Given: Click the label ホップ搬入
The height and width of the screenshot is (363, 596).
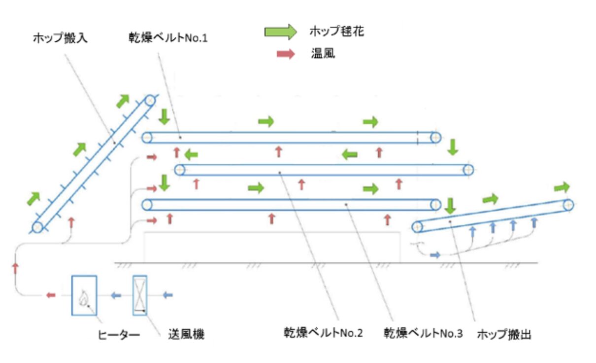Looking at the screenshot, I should click(60, 38).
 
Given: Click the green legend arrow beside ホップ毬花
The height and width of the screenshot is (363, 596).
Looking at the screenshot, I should click(280, 33).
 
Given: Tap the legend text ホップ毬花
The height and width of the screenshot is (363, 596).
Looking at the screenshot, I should click(337, 32).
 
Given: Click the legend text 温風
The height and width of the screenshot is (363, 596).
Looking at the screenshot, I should click(323, 53).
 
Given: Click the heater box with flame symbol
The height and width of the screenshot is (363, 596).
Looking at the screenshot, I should click(84, 295).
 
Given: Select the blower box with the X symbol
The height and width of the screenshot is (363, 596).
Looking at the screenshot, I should click(140, 295).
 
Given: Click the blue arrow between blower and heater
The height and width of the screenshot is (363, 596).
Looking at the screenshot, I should click(115, 295).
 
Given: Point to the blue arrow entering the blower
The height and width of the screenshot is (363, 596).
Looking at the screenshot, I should click(168, 295).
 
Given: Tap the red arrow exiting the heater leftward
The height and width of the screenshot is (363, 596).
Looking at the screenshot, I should click(50, 295).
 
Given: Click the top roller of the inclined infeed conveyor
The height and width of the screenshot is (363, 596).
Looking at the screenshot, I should click(150, 101).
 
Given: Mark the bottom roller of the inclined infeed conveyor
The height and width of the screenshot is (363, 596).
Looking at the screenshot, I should click(37, 227).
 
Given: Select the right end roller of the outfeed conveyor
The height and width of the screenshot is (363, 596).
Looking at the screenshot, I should click(568, 204).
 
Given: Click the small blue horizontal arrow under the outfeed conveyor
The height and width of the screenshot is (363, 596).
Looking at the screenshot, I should click(434, 255).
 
